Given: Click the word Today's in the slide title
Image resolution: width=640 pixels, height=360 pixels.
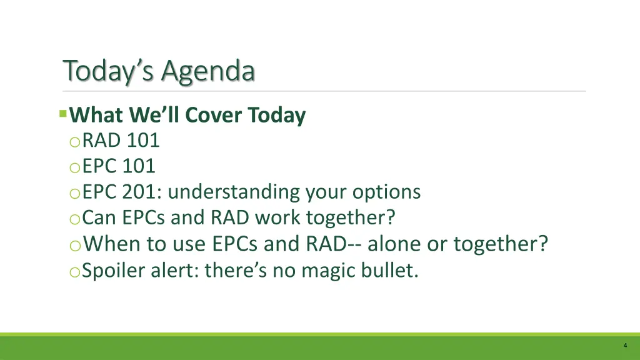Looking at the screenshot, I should [x=109, y=71].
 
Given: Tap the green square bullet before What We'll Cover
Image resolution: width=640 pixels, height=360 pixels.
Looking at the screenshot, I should [x=62, y=114].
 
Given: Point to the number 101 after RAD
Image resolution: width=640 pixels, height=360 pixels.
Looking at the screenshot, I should [x=143, y=141].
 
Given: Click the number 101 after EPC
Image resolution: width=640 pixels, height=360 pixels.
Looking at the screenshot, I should [x=139, y=166].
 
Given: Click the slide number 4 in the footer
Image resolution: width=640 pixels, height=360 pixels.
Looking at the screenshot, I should [x=624, y=346].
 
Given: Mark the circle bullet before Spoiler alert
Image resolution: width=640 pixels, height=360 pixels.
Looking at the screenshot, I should [x=75, y=271].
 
